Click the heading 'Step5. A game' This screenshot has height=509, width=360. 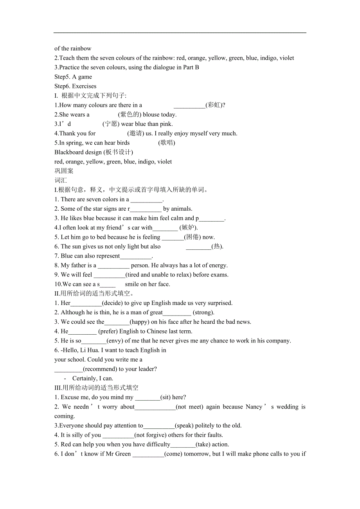[73, 77]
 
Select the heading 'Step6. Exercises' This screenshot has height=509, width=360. [75, 86]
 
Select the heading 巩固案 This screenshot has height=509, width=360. [64, 171]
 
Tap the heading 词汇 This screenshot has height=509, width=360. [61, 180]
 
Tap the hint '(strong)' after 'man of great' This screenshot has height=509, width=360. [203, 312]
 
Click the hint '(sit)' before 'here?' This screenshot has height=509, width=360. [166, 397]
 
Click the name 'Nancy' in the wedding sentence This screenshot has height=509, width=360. [254, 407]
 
